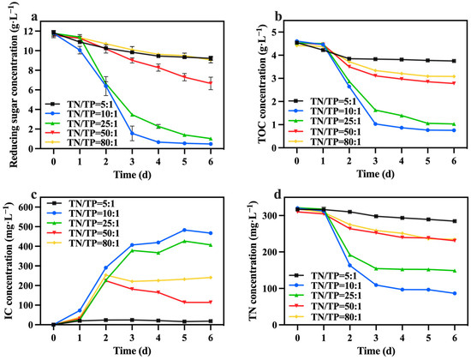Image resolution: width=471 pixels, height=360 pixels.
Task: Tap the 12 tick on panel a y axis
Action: (x=32, y=31)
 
